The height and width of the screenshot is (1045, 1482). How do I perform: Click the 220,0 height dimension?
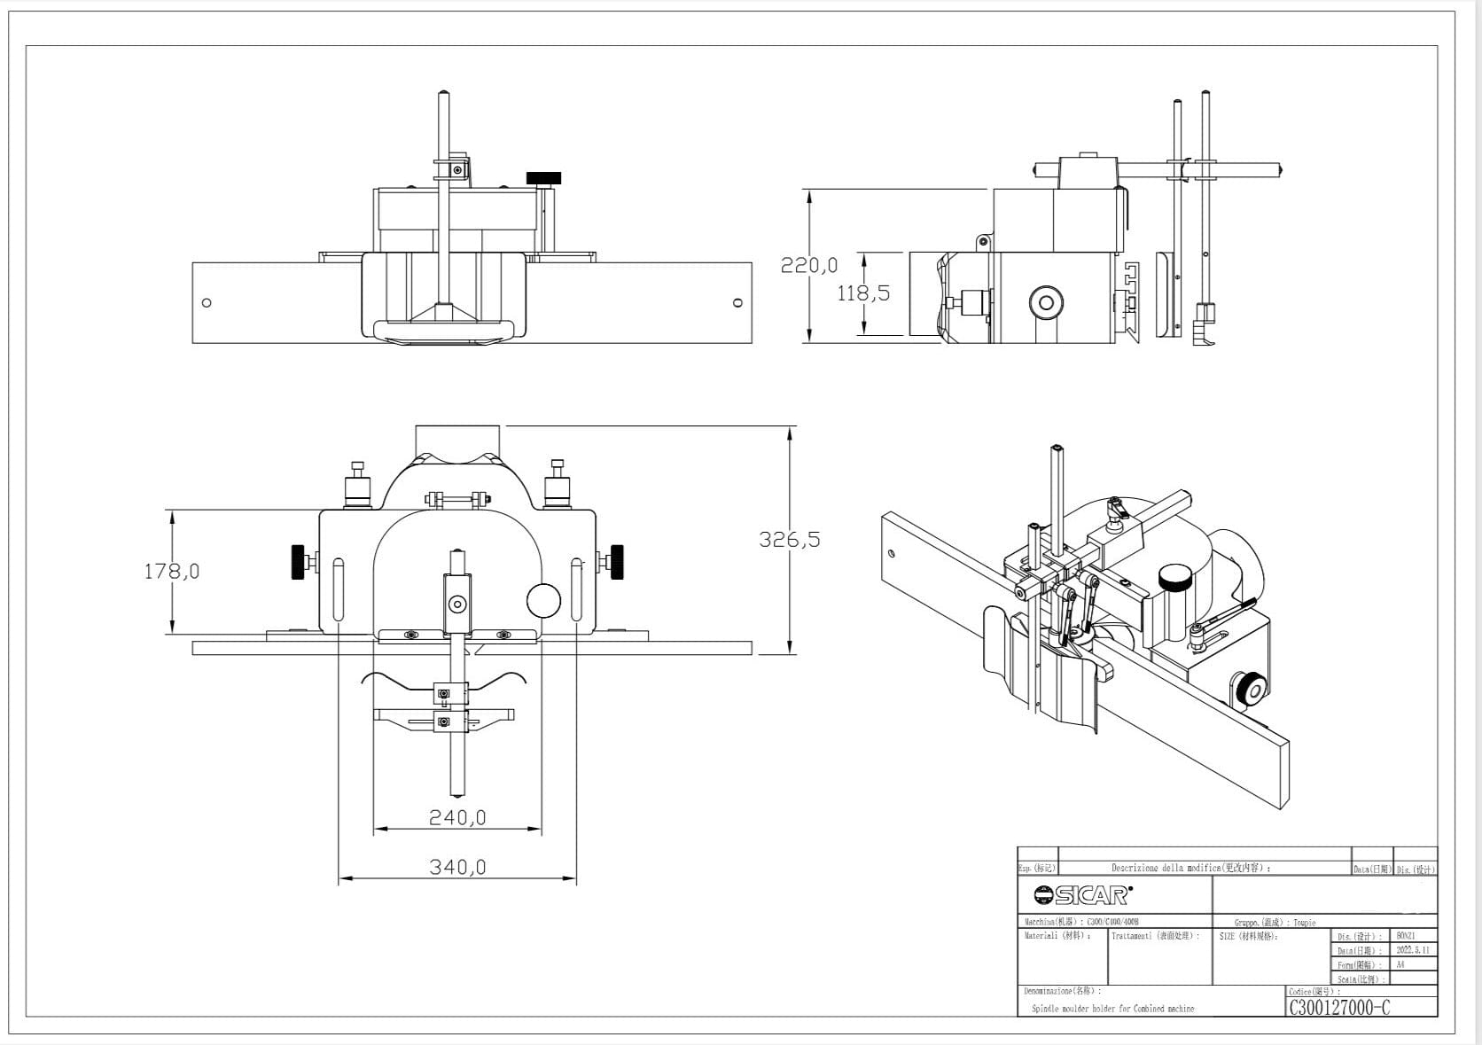point(808,265)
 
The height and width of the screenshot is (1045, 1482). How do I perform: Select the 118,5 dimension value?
point(863,293)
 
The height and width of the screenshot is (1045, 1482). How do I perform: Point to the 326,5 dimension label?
point(789,539)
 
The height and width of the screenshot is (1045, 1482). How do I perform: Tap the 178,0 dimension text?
point(172,572)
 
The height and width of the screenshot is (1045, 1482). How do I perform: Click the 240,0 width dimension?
point(457,817)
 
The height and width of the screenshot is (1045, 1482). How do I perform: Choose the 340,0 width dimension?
point(457,867)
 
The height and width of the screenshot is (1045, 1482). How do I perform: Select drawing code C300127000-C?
point(1339,1008)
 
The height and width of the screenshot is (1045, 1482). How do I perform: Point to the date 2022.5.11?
point(1412,950)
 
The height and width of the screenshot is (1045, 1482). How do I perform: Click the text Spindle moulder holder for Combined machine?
point(1112,1009)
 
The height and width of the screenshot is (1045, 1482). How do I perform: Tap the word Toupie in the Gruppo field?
point(1304,923)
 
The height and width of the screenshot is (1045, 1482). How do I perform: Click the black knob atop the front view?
point(543,178)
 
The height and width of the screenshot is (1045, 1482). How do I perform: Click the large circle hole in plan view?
point(543,600)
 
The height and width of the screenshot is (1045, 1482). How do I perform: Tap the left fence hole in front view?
point(207,303)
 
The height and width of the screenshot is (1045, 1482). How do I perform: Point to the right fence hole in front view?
point(737,303)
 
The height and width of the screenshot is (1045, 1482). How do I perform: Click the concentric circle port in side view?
point(1046,303)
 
